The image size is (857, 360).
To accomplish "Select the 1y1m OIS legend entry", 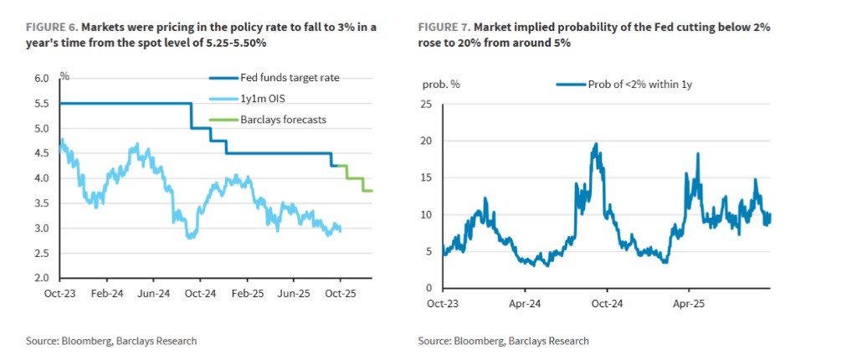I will click(264, 99).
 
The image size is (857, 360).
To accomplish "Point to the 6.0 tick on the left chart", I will click(41, 79).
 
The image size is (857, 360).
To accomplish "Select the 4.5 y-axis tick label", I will click(41, 154).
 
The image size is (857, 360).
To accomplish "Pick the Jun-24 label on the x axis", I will click(153, 295).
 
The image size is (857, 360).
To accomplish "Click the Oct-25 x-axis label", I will click(339, 295).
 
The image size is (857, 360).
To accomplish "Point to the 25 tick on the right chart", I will click(424, 104).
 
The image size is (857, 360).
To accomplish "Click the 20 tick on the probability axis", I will click(424, 141).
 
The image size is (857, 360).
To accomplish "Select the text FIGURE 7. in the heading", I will click(443, 28).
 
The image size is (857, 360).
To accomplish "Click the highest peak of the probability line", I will click(596, 144).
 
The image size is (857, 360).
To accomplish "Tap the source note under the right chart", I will click(503, 341).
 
